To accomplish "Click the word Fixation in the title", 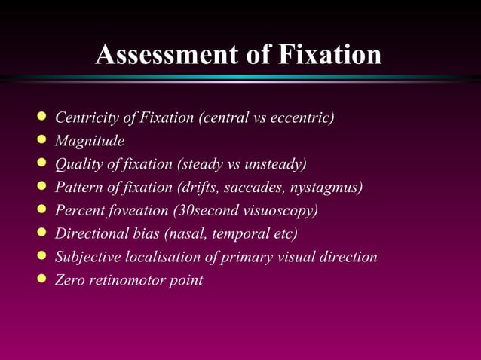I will click(329, 55).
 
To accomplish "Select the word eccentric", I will click(302, 117).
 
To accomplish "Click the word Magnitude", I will click(90, 141).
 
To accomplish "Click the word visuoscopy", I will click(290, 210).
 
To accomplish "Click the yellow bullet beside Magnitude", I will click(41, 140).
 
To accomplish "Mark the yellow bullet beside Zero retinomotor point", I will click(41, 279).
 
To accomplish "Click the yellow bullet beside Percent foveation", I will click(41, 209).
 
